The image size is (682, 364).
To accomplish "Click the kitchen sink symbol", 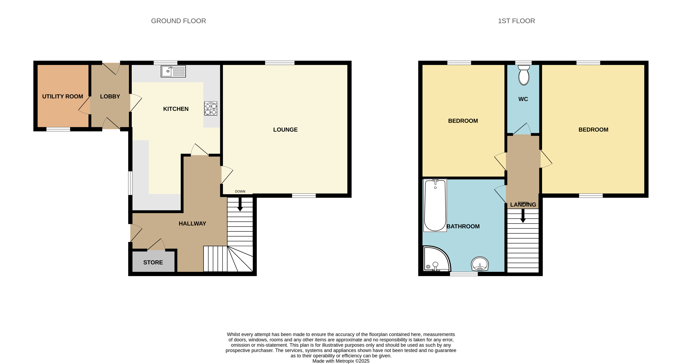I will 173,71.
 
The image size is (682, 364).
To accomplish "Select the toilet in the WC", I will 524,76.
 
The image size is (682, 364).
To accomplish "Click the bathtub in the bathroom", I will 435,205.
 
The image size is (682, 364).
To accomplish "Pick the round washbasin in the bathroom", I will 480,264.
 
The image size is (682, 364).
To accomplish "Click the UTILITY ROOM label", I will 62,96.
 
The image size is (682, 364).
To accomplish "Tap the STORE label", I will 153,262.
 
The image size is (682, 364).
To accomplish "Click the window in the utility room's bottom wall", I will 58,129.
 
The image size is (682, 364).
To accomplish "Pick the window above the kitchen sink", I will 165,63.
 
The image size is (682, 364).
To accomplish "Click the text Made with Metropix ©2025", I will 341,361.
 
